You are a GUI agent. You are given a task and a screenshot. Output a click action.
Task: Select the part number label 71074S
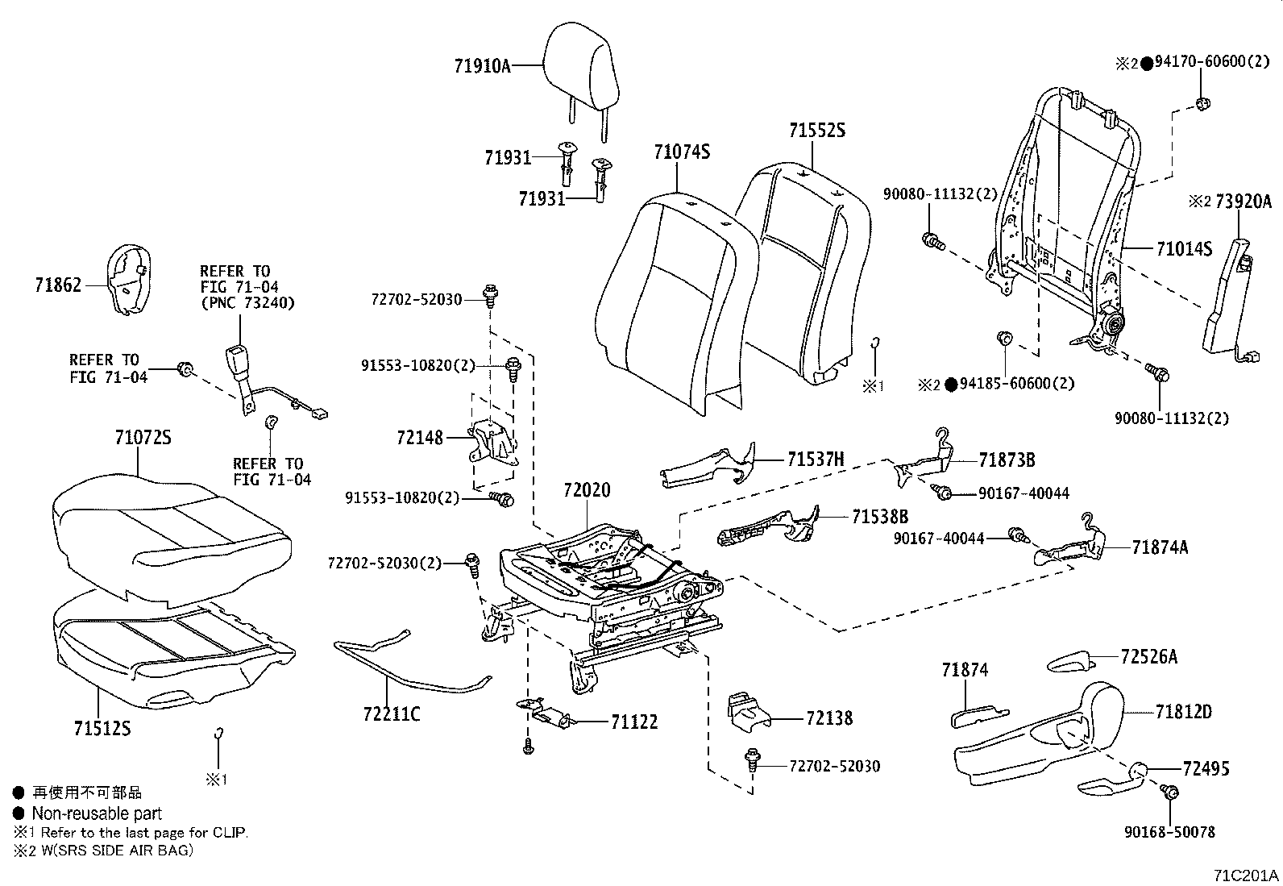click(682, 152)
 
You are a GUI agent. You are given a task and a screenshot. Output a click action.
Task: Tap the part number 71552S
click(817, 130)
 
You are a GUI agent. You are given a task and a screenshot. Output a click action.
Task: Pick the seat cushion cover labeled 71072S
click(169, 524)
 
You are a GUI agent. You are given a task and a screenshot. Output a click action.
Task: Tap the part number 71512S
click(102, 729)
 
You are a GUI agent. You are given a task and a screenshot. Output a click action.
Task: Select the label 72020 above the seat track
click(587, 489)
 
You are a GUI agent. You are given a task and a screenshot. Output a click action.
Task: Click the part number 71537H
click(816, 460)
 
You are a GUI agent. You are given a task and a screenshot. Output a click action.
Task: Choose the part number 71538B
click(880, 517)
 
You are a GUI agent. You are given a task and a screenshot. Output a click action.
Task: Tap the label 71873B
click(1007, 460)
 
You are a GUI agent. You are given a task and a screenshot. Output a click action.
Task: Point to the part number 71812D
click(1183, 712)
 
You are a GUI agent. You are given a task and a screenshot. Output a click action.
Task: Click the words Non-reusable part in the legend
click(97, 813)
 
